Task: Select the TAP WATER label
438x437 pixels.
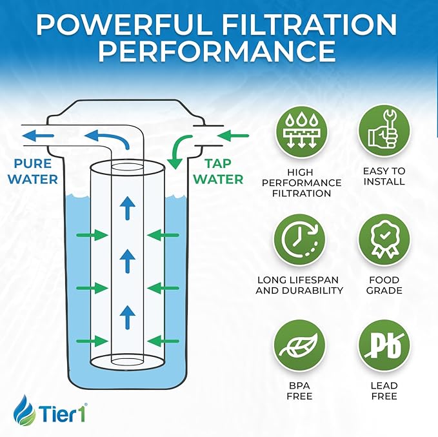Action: coord(219,171)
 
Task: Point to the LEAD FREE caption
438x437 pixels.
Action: coord(384,391)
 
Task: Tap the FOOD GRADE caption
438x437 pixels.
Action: coord(384,285)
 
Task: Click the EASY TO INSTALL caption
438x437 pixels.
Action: coord(384,176)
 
